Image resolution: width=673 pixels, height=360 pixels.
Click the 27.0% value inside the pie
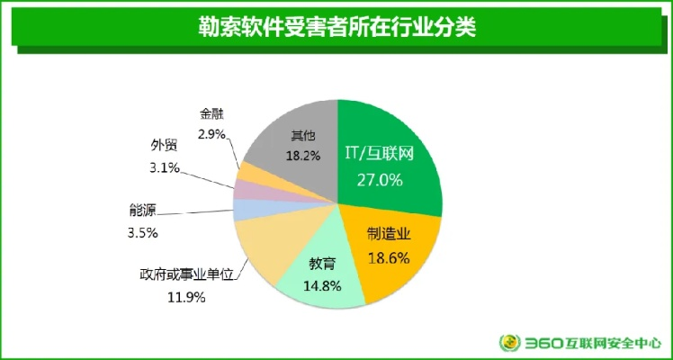[x=378, y=179]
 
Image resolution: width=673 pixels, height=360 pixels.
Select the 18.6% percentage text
[x=389, y=257]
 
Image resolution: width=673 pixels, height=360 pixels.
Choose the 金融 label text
[x=211, y=115]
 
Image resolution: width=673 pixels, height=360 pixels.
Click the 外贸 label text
[x=164, y=147]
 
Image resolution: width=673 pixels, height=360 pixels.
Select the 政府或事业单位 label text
[x=185, y=274]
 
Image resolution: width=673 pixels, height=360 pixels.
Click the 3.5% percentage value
[x=143, y=232]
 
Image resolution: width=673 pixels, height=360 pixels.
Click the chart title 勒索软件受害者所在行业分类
[x=336, y=26]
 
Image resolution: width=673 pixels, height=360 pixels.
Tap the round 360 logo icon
[x=510, y=343]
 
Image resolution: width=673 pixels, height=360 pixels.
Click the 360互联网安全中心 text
[x=594, y=343]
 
